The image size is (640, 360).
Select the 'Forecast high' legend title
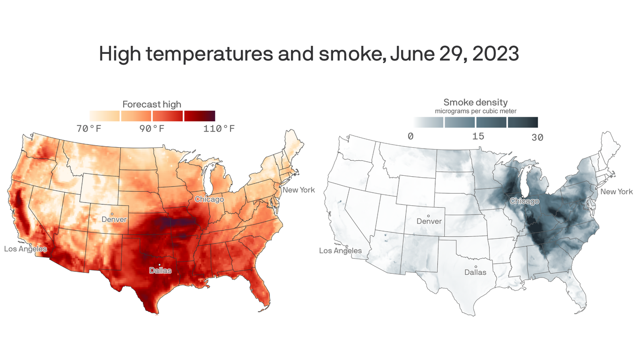[x=152, y=104]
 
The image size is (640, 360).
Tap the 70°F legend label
[x=89, y=128]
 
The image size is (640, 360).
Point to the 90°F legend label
[x=152, y=128]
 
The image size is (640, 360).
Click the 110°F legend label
[x=219, y=128]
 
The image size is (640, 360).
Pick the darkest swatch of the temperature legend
[x=200, y=116]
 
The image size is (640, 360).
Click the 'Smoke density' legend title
[x=476, y=102]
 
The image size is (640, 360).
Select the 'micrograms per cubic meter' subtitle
[x=476, y=111]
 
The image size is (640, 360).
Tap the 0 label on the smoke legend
[x=410, y=136]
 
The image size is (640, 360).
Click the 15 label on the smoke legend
[x=478, y=136]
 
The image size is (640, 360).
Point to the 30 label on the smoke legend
[x=537, y=137]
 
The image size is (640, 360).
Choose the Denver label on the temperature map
[x=114, y=219]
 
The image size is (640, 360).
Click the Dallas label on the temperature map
[x=160, y=270]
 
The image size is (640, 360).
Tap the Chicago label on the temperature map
[x=209, y=199]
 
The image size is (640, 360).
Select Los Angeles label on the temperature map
[x=25, y=249]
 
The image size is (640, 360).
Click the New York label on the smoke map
[x=617, y=192]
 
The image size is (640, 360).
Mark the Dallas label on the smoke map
[x=475, y=272]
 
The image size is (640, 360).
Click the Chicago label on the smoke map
[x=524, y=201]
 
